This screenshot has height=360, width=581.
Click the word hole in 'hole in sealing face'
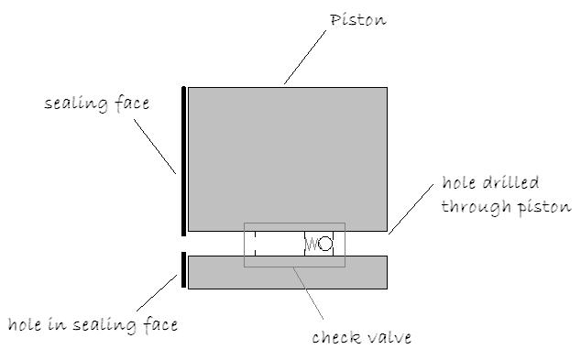[27, 324]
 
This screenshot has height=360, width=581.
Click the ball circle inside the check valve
[325, 245]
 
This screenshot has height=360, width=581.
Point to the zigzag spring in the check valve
[311, 245]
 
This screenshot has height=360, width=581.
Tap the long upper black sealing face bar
[184, 160]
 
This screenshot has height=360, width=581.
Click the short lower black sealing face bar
[184, 269]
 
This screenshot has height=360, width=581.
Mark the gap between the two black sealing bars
[184, 244]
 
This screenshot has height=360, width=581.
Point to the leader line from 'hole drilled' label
[411, 207]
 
